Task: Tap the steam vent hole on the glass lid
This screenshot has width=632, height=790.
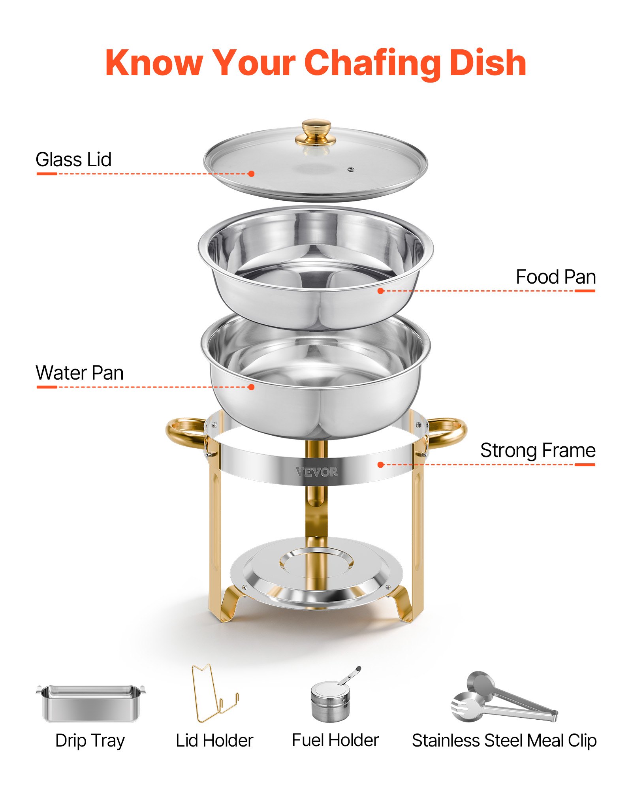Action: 350,170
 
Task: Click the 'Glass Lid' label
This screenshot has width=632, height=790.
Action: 73,160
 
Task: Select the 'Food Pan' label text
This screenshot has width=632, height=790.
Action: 555,277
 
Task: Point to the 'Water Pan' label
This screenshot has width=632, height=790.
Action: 79,372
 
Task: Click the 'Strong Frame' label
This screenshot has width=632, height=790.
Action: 538,450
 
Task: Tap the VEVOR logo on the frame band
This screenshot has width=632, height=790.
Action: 316,472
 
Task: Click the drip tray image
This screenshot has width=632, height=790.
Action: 91,703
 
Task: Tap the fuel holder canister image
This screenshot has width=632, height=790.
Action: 331,701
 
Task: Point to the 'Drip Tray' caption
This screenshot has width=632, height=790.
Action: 90,741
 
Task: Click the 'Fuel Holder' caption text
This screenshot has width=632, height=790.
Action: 335,740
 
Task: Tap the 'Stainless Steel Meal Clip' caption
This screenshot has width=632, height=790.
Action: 504,741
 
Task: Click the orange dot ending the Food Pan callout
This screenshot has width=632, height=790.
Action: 380,291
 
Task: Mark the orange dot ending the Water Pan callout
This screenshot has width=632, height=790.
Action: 251,387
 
